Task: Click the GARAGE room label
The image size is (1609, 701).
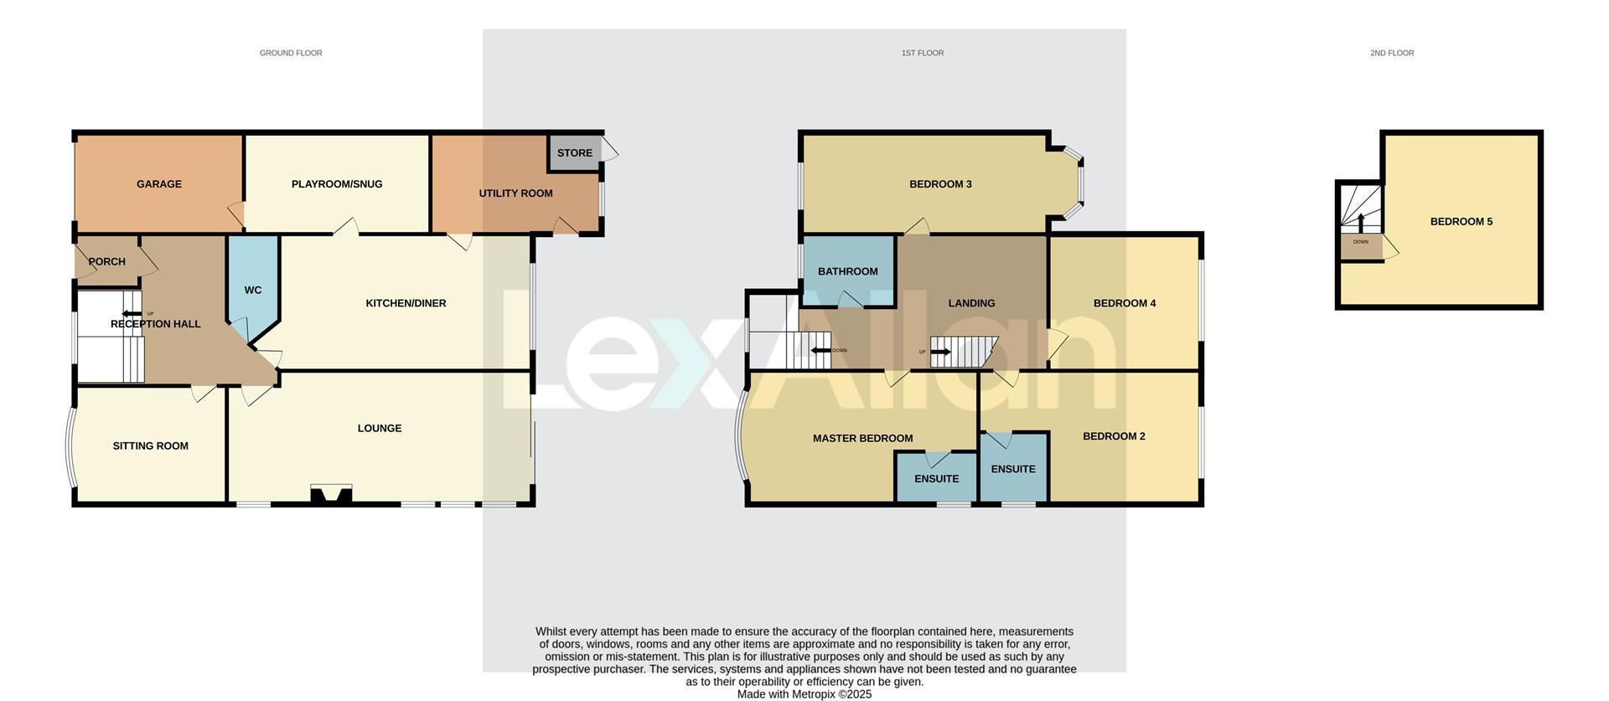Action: click(x=158, y=184)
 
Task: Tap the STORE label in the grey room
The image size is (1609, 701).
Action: click(x=574, y=153)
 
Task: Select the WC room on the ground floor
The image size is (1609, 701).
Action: click(x=252, y=291)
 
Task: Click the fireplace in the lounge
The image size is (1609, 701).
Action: click(x=331, y=494)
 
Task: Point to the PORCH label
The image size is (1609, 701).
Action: click(x=106, y=262)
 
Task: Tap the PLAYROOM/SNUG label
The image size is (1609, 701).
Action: click(x=336, y=184)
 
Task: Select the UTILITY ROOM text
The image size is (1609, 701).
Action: click(x=515, y=193)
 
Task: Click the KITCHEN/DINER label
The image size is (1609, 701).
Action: click(x=406, y=303)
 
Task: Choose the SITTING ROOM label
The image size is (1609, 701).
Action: click(x=150, y=446)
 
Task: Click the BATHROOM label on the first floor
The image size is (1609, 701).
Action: click(x=847, y=271)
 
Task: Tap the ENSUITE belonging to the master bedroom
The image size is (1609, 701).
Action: click(x=936, y=479)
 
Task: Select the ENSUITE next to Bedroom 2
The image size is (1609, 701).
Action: click(x=1012, y=469)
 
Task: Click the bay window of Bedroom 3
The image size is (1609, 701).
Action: click(x=1076, y=184)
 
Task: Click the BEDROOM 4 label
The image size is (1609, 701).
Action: click(x=1124, y=303)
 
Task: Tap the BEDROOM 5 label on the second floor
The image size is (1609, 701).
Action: click(x=1461, y=222)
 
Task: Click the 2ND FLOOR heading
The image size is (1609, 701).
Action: click(x=1391, y=53)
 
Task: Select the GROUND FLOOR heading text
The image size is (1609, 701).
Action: click(x=290, y=53)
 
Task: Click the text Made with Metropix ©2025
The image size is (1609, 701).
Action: click(x=804, y=694)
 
